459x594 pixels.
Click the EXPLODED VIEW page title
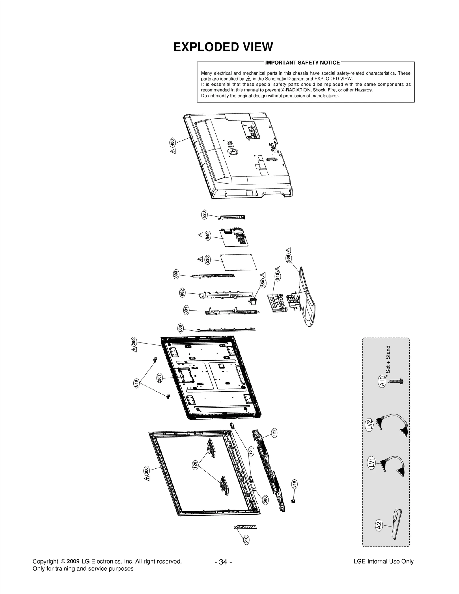223,47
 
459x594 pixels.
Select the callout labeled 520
204,215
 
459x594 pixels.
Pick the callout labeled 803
176,274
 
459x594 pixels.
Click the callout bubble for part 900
289,258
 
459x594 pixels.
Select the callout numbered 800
180,328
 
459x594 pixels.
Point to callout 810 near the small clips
136,383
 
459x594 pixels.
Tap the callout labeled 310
294,484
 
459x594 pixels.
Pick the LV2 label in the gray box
369,424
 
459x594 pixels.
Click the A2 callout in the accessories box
379,525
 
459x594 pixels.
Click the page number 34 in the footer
223,562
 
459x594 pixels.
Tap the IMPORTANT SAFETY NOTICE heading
302,63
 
